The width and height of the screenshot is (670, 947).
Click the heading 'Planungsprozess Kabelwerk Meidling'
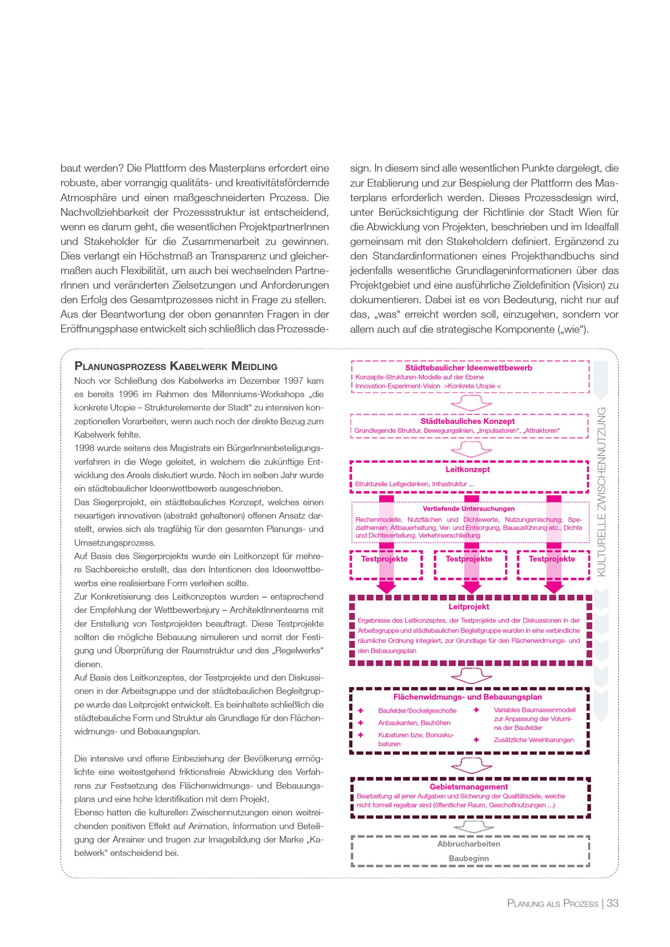pyautogui.click(x=176, y=366)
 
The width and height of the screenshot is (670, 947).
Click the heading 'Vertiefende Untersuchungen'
pyautogui.click(x=468, y=509)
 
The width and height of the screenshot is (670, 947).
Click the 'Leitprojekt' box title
pyautogui.click(x=469, y=607)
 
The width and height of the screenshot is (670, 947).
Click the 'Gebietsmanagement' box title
pyautogui.click(x=469, y=787)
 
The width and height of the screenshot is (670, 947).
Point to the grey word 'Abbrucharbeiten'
pyautogui.click(x=469, y=844)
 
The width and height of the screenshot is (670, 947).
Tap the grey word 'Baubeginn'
pyautogui.click(x=469, y=858)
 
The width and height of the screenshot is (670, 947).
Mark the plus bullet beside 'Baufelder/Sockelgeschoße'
pyautogui.click(x=360, y=710)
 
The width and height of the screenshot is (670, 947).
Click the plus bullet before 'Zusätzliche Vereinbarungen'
pyautogui.click(x=476, y=739)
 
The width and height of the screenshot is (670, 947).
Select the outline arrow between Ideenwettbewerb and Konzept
pyautogui.click(x=470, y=403)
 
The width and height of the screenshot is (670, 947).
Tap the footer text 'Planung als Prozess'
pyautogui.click(x=552, y=904)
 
